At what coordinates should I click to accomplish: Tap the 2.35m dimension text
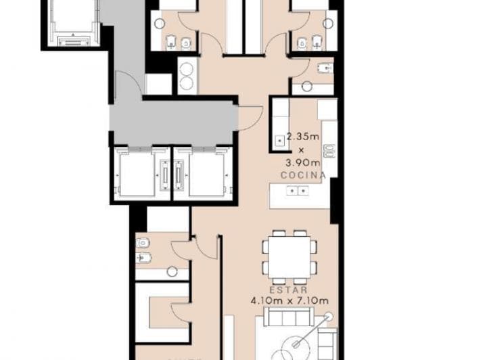302,136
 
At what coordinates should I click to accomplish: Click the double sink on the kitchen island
297,191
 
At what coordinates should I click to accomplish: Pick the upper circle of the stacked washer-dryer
186,68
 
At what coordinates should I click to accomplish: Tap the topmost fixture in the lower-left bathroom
143,243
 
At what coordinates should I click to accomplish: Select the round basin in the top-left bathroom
158,23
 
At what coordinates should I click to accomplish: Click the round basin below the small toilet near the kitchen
308,86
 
